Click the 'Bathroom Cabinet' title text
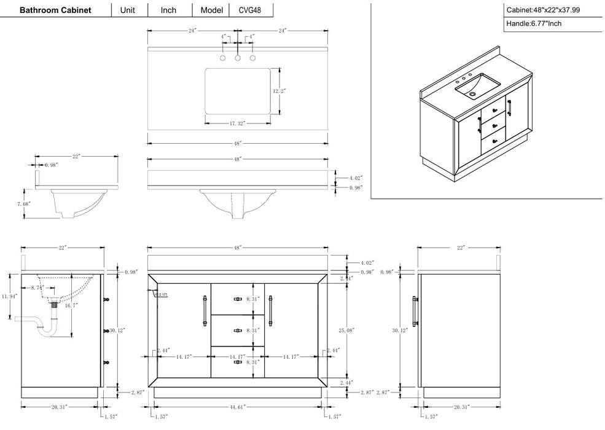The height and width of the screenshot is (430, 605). [55, 10]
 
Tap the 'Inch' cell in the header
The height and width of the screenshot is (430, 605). [168, 10]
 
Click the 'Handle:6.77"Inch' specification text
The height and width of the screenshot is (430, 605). [534, 24]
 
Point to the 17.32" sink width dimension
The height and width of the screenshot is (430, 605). [238, 123]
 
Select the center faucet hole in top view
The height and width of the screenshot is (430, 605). [238, 59]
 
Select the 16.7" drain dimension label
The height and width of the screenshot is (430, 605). [72, 305]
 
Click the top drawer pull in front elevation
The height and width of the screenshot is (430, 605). [237, 299]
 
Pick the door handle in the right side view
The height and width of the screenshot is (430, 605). [416, 310]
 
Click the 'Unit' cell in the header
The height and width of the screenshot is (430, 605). [128, 10]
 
